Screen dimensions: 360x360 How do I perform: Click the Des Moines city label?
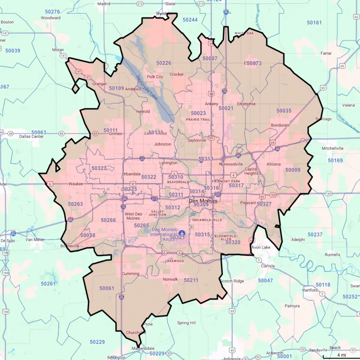[203, 201]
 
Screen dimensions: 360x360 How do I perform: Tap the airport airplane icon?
[182, 233]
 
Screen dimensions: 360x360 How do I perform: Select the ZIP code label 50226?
[163, 63]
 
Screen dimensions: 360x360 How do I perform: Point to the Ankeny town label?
[211, 104]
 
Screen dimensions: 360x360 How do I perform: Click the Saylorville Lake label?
[147, 87]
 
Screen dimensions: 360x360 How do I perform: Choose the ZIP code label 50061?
[107, 288]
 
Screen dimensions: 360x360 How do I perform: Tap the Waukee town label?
[76, 184]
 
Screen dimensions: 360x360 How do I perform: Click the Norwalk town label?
[170, 279]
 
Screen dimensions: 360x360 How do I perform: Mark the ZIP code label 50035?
[284, 111]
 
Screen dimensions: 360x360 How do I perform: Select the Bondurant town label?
[280, 125]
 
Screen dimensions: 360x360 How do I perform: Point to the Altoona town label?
[274, 164]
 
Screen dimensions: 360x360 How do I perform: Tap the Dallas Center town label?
[31, 136]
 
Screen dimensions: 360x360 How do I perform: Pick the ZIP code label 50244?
[190, 20]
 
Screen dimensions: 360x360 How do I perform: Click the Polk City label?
[155, 77]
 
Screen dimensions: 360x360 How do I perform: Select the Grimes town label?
[115, 134]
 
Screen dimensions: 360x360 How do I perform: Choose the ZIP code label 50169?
[335, 160]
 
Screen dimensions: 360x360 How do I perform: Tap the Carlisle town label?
[268, 266]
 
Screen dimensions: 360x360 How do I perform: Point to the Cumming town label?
[130, 274]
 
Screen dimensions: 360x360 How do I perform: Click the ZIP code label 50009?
[293, 170]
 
